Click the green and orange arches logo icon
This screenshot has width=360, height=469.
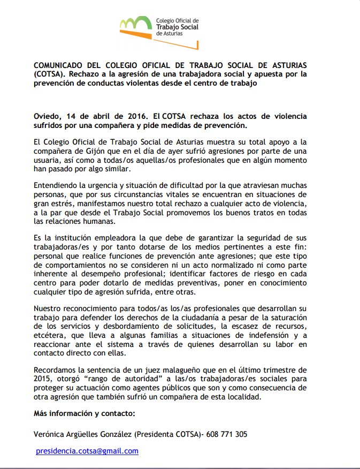click(135, 24)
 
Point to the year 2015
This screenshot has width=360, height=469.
click(42, 379)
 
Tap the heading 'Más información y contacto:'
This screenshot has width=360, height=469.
click(84, 414)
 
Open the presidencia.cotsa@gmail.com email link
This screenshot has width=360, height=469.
click(87, 451)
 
